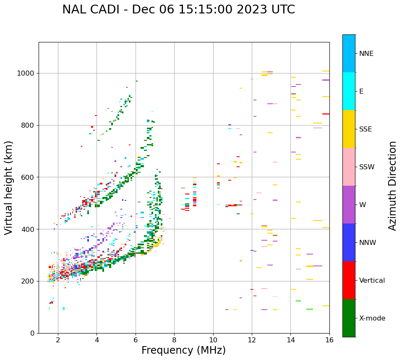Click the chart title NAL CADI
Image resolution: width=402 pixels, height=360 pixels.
(x=178, y=10)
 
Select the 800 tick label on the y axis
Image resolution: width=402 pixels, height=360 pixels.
(x=28, y=125)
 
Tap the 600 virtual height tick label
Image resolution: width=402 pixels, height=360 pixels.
(x=28, y=177)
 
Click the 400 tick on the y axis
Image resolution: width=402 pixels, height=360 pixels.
(x=28, y=229)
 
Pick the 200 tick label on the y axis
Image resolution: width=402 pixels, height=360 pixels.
(x=28, y=281)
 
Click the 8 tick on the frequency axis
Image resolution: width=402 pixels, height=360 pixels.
(x=174, y=339)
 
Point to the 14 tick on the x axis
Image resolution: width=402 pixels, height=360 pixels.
(x=290, y=339)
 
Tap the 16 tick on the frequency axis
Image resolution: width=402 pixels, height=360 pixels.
(x=329, y=339)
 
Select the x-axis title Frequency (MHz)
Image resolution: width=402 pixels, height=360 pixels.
(x=183, y=350)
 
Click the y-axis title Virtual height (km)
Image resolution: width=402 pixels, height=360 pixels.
(x=9, y=188)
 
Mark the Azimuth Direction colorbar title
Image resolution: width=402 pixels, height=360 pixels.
(x=392, y=186)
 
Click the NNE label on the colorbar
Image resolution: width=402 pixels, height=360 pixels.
(x=366, y=54)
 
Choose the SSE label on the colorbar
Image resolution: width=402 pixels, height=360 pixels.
(x=365, y=129)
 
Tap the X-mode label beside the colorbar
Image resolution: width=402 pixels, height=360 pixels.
(x=372, y=318)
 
